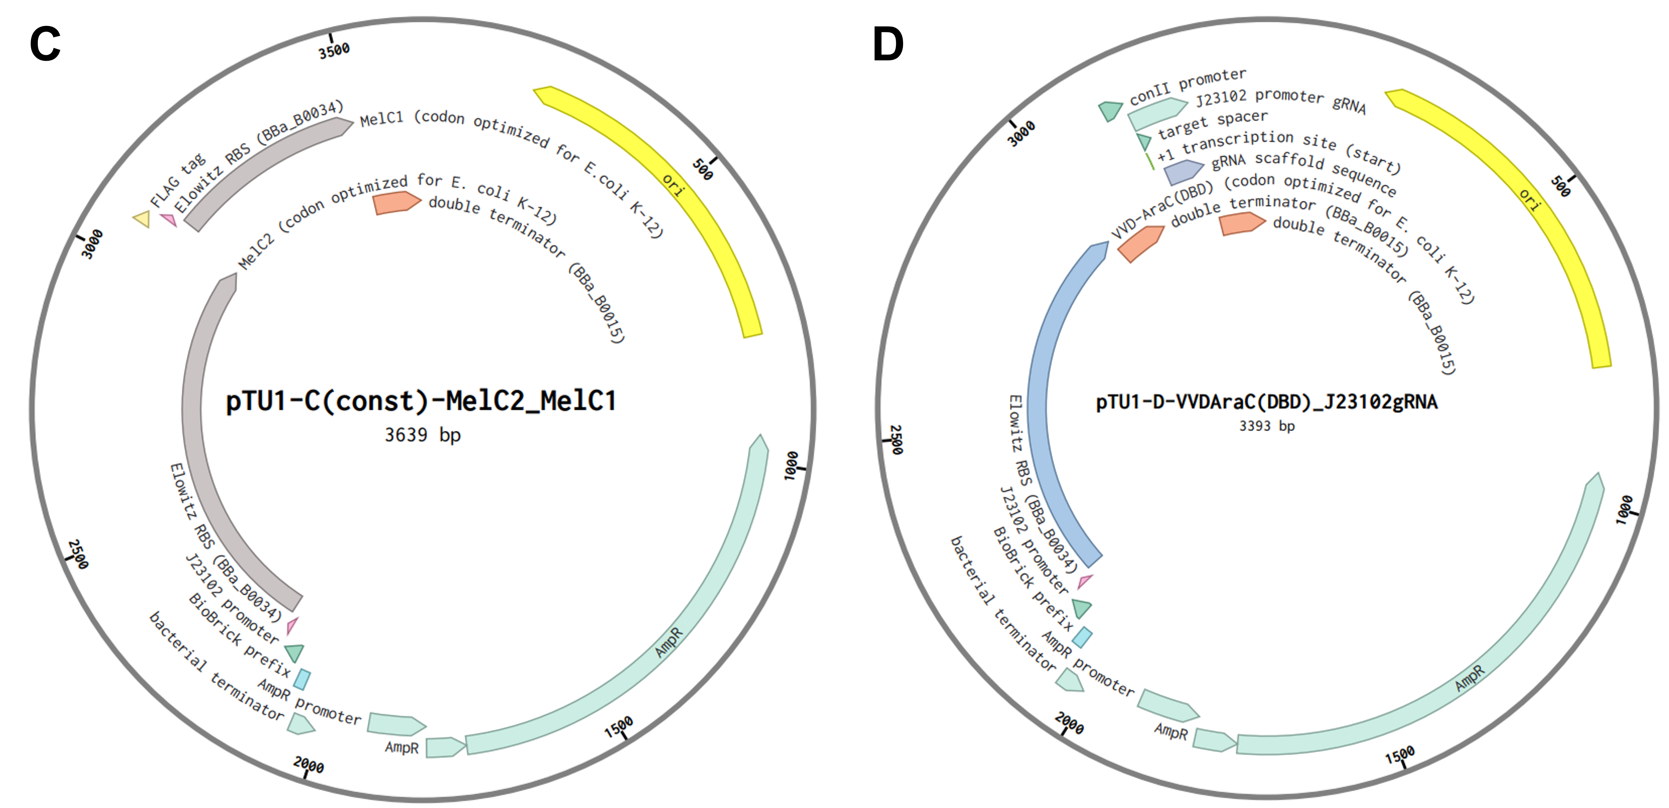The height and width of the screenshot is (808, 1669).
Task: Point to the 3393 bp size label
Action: tap(1267, 426)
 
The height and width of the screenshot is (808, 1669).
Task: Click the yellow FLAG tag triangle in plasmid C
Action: tap(142, 219)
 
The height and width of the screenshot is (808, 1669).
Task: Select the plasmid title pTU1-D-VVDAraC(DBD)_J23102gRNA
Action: tap(1267, 402)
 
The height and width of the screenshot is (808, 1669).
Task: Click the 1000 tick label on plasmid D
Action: tap(1625, 509)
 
